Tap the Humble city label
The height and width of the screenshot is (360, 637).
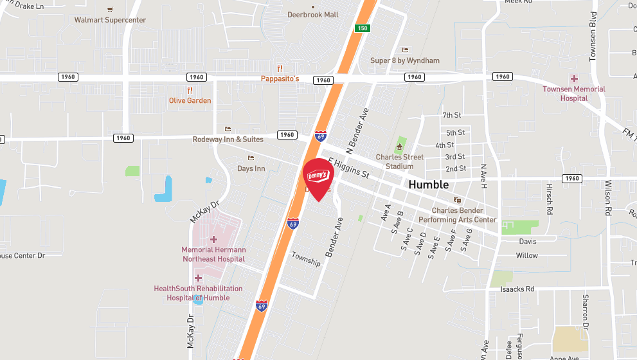pyautogui.click(x=429, y=184)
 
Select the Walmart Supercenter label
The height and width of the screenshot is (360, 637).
pyautogui.click(x=110, y=20)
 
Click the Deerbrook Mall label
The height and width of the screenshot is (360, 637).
pyautogui.click(x=312, y=15)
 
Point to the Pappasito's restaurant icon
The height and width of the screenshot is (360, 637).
pyautogui.click(x=280, y=68)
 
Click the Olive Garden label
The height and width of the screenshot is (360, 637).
pyautogui.click(x=190, y=100)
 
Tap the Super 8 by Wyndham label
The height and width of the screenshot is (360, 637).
pyautogui.click(x=405, y=60)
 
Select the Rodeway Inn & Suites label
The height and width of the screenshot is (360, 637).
pyautogui.click(x=228, y=139)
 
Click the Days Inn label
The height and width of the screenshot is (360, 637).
pyautogui.click(x=251, y=168)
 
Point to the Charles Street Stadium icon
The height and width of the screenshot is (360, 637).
pyautogui.click(x=399, y=147)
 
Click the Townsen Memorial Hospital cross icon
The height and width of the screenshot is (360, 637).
pyautogui.click(x=574, y=78)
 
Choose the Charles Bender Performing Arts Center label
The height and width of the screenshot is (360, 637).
pyautogui.click(x=457, y=215)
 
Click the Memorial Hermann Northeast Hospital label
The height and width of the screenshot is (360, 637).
pyautogui.click(x=213, y=255)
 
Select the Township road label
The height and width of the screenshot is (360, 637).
pyautogui.click(x=305, y=258)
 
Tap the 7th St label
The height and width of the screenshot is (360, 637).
pyautogui.click(x=452, y=116)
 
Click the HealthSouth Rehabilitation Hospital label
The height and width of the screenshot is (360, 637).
pyautogui.click(x=198, y=293)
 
